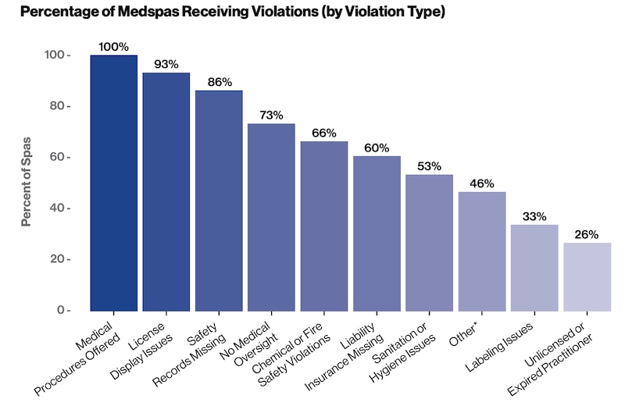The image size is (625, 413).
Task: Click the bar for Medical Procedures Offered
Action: coord(113,183)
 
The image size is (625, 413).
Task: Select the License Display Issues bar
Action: coord(166,191)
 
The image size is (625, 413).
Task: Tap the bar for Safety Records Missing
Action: coord(219,201)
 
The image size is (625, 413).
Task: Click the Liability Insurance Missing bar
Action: coord(377,233)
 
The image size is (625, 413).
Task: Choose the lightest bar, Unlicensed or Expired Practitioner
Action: coord(587,276)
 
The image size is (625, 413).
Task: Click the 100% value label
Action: coord(113,47)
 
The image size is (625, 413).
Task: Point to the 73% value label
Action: coord(271,116)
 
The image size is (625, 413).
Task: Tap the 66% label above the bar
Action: coord(324,134)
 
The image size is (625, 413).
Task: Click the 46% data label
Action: coord(482,183)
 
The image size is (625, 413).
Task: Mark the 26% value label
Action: coord(587,234)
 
